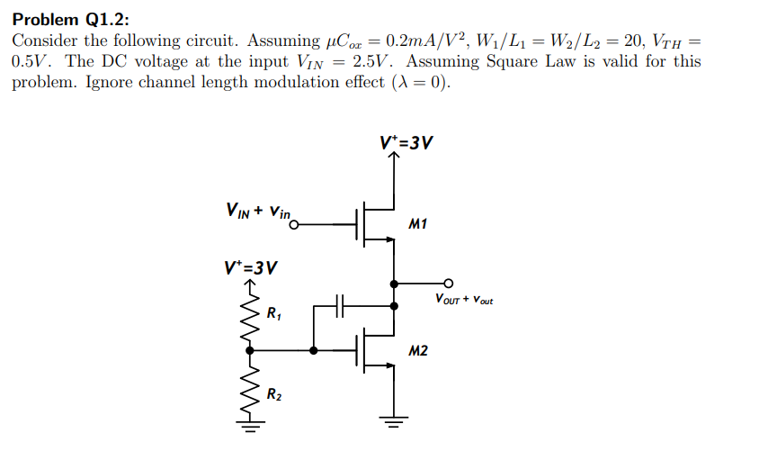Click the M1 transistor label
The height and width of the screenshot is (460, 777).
(417, 223)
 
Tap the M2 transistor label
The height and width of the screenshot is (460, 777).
(417, 350)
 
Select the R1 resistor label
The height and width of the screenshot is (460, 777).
(274, 314)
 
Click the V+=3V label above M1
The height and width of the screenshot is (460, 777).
(406, 141)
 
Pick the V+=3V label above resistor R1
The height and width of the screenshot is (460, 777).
(250, 267)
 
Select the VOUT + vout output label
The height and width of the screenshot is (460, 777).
(463, 299)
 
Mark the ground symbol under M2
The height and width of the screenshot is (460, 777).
(393, 418)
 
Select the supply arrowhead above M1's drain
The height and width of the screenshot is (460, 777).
(393, 158)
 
